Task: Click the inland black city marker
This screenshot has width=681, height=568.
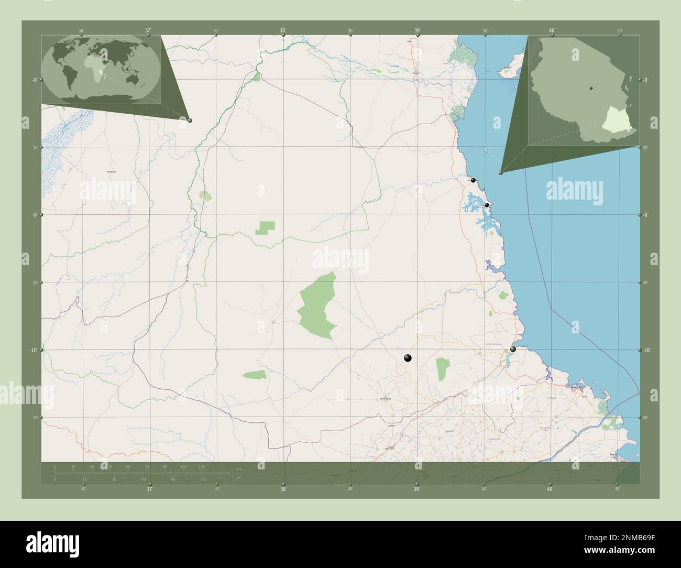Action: (408, 358)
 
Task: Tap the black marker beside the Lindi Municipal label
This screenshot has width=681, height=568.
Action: (513, 349)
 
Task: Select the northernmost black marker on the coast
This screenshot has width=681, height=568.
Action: (473, 180)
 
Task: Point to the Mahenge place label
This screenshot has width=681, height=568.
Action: (111, 172)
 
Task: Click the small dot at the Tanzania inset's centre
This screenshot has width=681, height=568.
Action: (591, 88)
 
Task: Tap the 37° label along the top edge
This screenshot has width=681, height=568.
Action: (149, 30)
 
